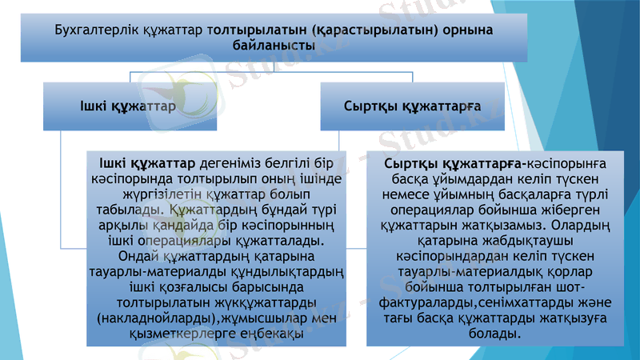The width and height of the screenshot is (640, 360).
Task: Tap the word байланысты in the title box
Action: point(274,46)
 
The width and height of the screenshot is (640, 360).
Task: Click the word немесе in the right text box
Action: point(406,194)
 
